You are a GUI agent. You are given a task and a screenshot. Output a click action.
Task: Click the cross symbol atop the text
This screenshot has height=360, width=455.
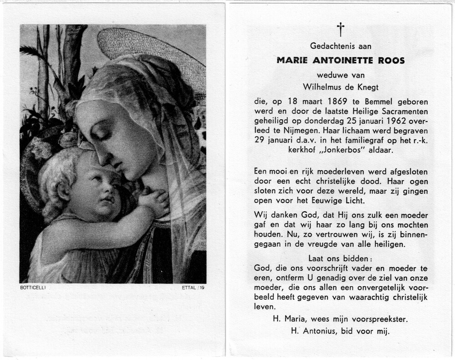340,29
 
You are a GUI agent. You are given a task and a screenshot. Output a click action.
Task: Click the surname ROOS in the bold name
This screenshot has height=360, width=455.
390,60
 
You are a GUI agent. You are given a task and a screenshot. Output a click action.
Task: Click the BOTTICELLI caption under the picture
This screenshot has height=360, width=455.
33,288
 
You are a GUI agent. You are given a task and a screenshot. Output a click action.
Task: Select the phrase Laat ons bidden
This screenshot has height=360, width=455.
340,259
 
